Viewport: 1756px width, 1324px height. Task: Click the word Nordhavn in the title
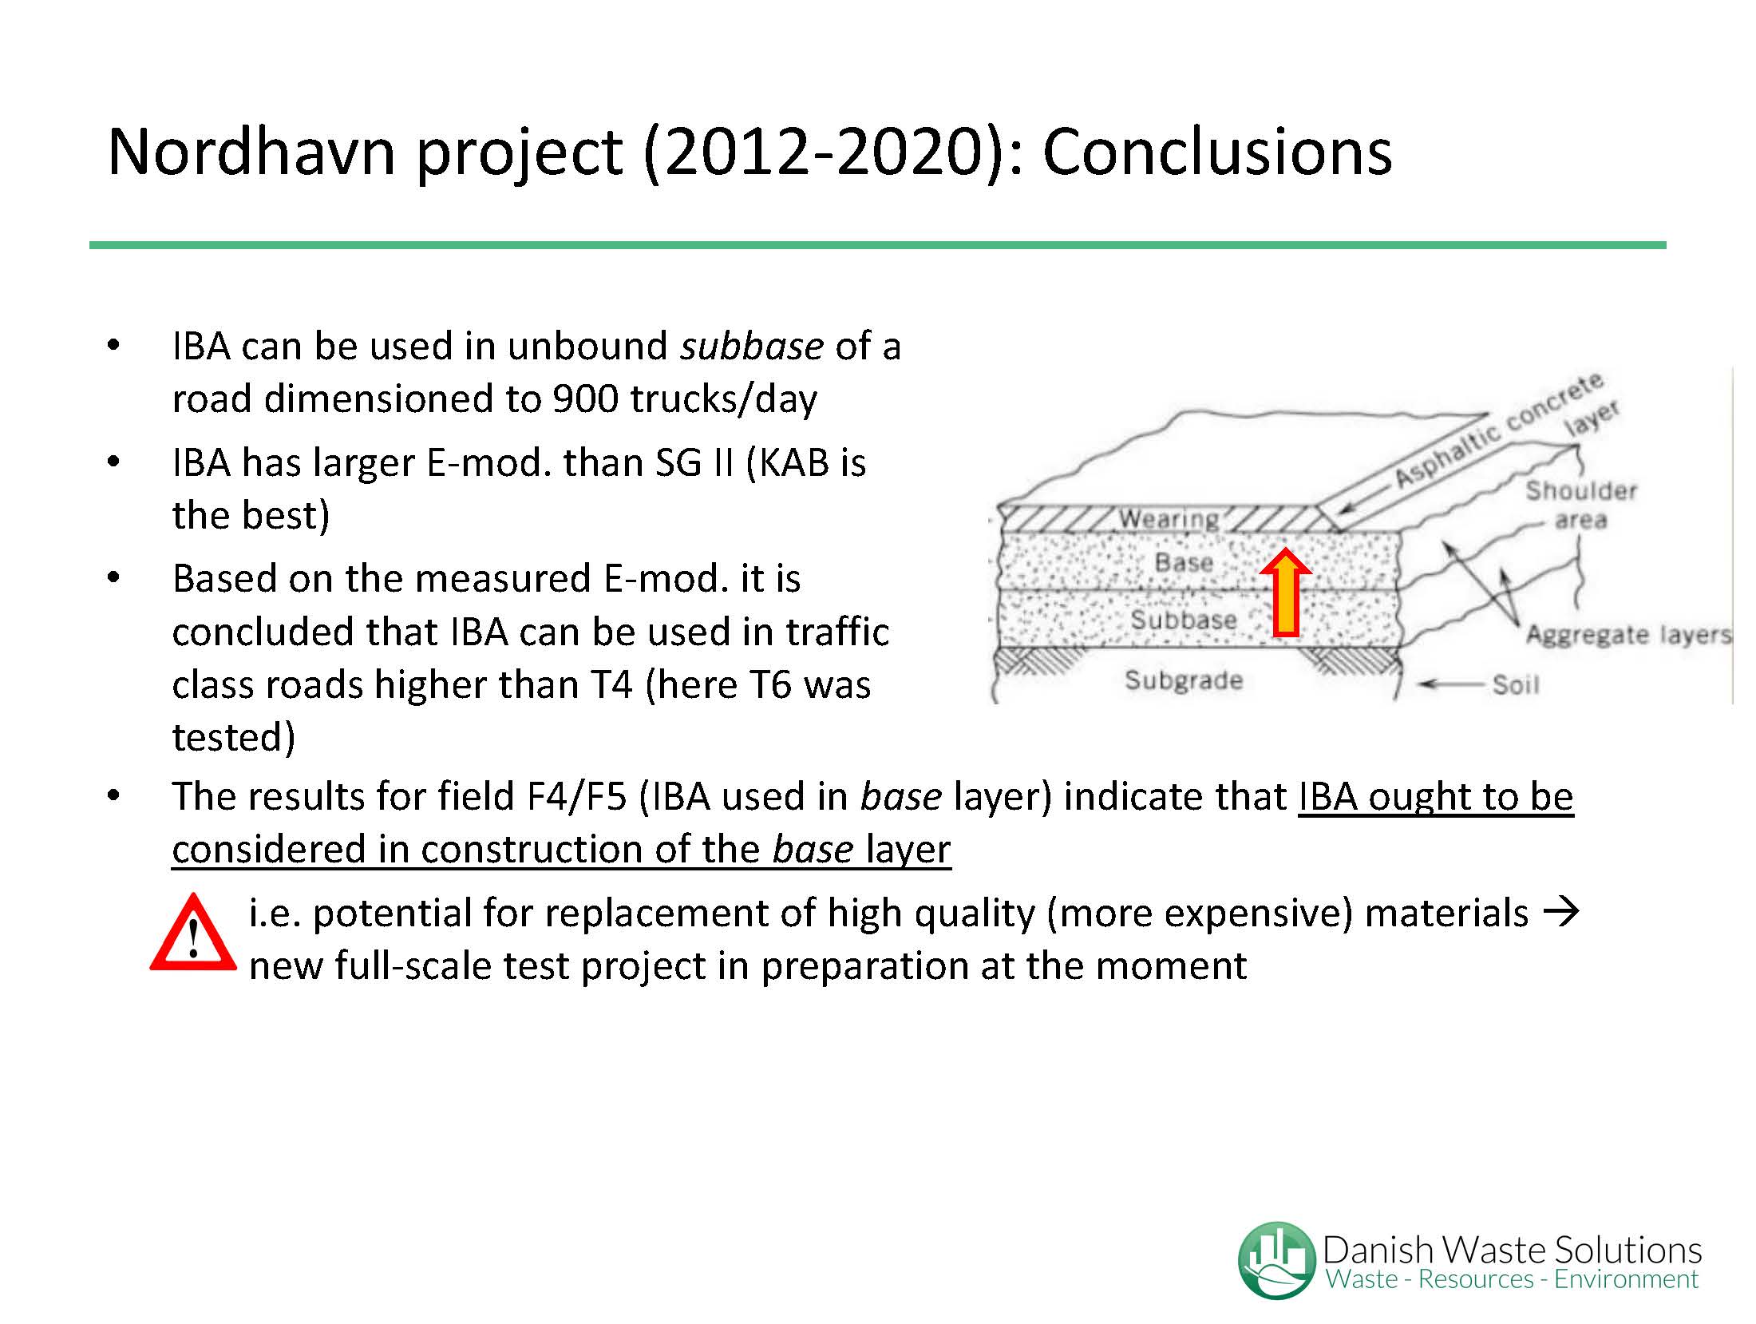[x=251, y=151]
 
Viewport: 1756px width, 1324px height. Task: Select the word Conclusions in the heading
[x=1217, y=151]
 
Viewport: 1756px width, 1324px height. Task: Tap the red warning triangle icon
[x=193, y=933]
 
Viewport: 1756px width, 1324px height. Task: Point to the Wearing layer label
[x=1169, y=520]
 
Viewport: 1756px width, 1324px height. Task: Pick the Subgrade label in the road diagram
[x=1184, y=680]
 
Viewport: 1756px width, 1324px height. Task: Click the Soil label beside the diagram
[x=1516, y=684]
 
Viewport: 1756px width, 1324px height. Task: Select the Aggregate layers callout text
[x=1628, y=636]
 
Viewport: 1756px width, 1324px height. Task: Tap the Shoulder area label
[x=1581, y=505]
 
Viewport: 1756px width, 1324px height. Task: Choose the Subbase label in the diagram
[x=1184, y=620]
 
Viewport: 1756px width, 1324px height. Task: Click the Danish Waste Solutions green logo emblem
[x=1276, y=1260]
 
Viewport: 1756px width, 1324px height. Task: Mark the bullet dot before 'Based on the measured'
[x=113, y=577]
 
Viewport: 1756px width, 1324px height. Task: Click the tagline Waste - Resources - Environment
[x=1512, y=1279]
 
